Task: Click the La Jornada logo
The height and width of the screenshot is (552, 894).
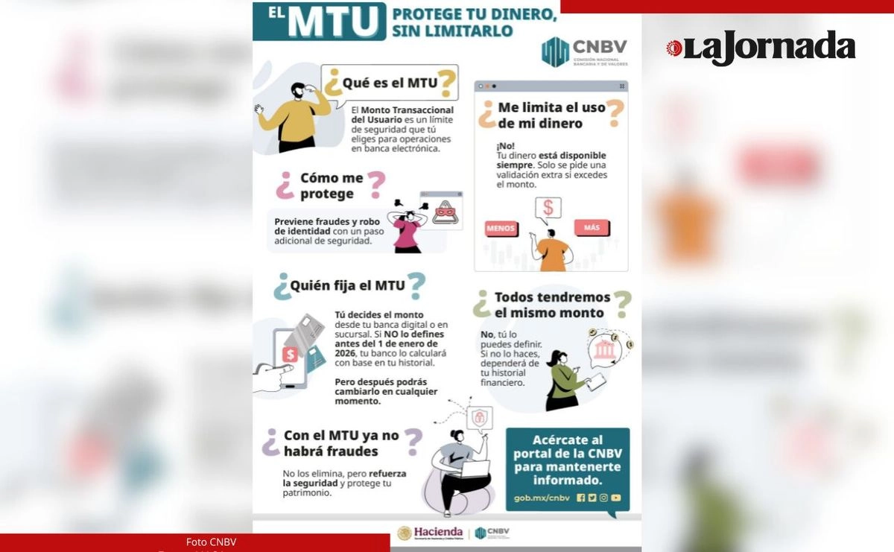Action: (x=761, y=48)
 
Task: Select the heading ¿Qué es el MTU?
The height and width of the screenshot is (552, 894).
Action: (x=390, y=83)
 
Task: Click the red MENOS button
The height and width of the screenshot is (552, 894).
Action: (x=501, y=229)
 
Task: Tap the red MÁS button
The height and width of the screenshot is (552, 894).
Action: (x=592, y=228)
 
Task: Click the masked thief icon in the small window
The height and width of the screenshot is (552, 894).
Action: (x=446, y=212)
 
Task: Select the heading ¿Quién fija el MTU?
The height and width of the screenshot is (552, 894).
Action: (x=350, y=285)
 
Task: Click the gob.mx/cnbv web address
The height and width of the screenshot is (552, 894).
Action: (x=542, y=498)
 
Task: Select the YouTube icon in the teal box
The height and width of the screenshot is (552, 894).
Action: (x=616, y=498)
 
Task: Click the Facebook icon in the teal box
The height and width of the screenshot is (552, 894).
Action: (x=580, y=498)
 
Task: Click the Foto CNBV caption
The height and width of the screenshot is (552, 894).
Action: (x=211, y=542)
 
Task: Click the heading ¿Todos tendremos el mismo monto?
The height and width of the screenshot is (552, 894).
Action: (x=552, y=305)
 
